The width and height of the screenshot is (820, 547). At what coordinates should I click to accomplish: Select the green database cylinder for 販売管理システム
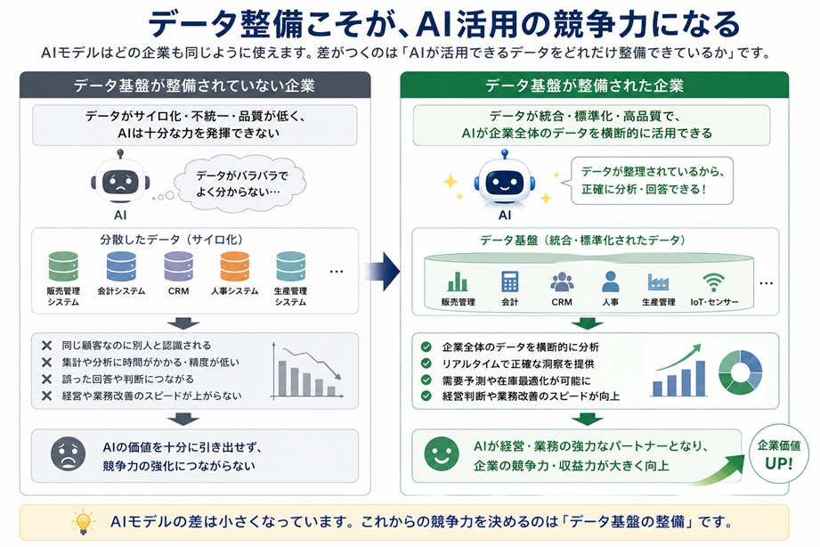pyautogui.click(x=63, y=266)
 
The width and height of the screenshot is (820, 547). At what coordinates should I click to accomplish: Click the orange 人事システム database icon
pyautogui.click(x=235, y=266)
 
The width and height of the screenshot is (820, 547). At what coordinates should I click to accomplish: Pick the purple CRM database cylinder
pyautogui.click(x=178, y=266)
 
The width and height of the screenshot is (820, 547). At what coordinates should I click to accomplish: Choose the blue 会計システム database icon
pyautogui.click(x=121, y=266)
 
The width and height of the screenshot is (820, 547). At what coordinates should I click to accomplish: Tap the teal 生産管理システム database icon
pyautogui.click(x=291, y=266)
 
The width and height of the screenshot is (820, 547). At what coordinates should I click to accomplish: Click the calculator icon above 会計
pyautogui.click(x=510, y=282)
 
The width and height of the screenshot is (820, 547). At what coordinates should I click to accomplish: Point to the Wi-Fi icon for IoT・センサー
pyautogui.click(x=713, y=282)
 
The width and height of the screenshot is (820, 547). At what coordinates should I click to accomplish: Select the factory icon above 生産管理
pyautogui.click(x=658, y=282)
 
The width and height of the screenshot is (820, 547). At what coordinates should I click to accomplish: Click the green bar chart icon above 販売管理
pyautogui.click(x=458, y=282)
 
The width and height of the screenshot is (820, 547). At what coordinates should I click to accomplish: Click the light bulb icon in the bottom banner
pyautogui.click(x=83, y=522)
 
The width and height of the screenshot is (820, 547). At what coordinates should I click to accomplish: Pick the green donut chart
pyautogui.click(x=741, y=372)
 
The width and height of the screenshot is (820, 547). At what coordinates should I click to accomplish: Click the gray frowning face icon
pyautogui.click(x=68, y=453)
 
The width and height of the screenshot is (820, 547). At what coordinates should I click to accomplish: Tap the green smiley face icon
pyautogui.click(x=442, y=453)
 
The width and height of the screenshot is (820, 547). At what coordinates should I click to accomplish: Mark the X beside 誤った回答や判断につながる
pyautogui.click(x=46, y=379)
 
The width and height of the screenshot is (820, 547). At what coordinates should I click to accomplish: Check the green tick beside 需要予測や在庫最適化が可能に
pyautogui.click(x=426, y=380)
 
